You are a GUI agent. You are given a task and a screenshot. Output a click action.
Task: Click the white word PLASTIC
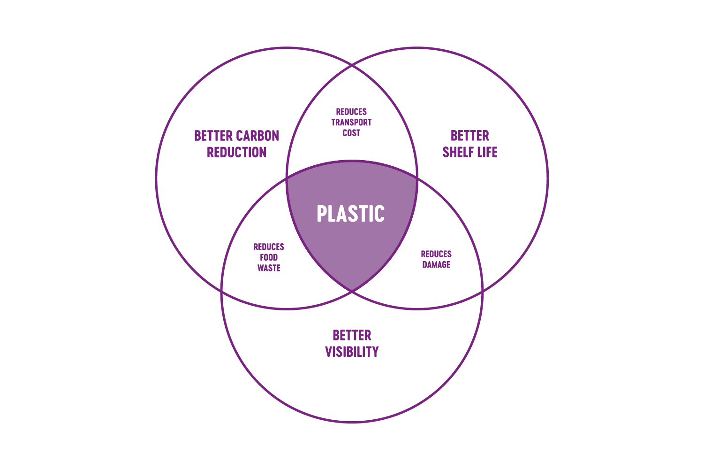point(351,214)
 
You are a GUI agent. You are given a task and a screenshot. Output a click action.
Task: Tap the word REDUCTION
point(236,153)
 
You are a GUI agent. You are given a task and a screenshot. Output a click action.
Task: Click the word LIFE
point(487,153)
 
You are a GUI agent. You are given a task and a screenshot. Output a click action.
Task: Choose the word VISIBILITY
point(352,352)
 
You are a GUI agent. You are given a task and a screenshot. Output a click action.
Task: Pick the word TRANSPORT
point(351,123)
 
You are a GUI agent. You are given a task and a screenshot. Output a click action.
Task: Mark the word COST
point(351,133)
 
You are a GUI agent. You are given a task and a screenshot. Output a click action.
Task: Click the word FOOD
point(269,257)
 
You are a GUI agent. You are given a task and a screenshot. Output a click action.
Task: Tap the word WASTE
point(269,268)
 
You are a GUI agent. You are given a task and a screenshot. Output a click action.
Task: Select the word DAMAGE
point(436,265)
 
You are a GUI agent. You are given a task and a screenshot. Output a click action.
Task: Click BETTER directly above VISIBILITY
point(352,335)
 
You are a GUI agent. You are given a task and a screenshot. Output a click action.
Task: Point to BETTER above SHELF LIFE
point(469,136)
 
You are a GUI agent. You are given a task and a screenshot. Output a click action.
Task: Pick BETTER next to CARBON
point(214,136)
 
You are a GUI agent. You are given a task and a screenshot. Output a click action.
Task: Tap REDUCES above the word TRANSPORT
point(351,112)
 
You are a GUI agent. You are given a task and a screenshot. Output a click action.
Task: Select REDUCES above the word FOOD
point(269,247)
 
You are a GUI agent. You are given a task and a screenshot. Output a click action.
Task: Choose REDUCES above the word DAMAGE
point(436,254)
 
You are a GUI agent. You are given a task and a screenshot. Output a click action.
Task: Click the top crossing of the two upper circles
point(352,65)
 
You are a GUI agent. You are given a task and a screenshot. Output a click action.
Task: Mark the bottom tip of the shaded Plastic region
point(352,291)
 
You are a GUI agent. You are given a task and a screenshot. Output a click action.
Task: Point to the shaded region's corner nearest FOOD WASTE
point(287,178)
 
